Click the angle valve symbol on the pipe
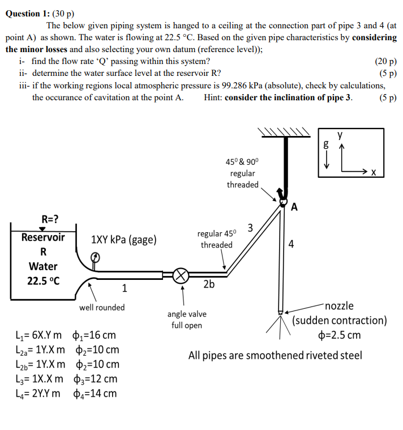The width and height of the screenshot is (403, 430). [x=181, y=276]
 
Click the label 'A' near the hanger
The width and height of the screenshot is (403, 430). [x=294, y=206]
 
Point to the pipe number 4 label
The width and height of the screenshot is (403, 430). [x=291, y=245]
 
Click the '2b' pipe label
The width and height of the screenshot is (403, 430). [x=209, y=285]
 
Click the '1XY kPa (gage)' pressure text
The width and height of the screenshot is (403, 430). [x=124, y=240]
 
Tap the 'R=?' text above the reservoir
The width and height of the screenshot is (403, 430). [x=49, y=219]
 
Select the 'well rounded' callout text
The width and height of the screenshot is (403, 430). [x=102, y=307]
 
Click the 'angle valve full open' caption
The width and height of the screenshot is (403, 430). [x=187, y=320]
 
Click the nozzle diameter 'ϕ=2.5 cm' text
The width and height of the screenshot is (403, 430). [x=340, y=335]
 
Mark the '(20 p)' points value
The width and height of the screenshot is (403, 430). [x=385, y=61]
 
